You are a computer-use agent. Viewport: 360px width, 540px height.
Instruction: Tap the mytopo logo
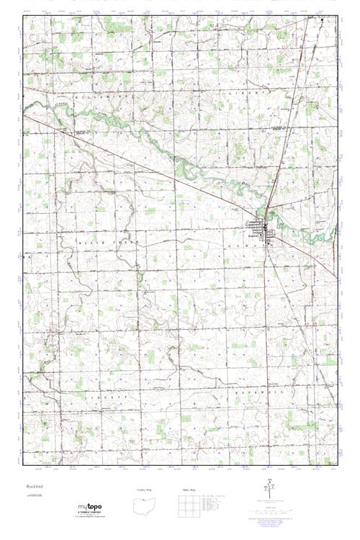click(90, 508)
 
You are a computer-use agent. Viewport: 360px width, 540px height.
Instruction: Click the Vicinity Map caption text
click(144, 489)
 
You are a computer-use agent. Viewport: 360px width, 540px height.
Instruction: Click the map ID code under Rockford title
click(32, 498)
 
